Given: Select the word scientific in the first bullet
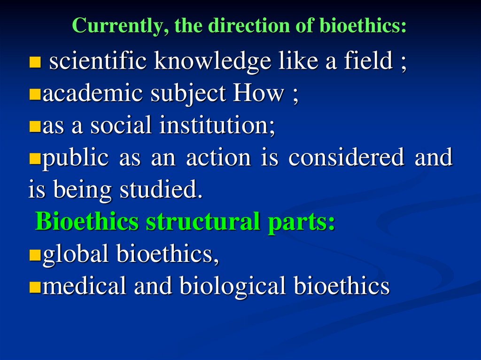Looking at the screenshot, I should click(94, 61).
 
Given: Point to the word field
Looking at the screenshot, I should click(366, 61).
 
